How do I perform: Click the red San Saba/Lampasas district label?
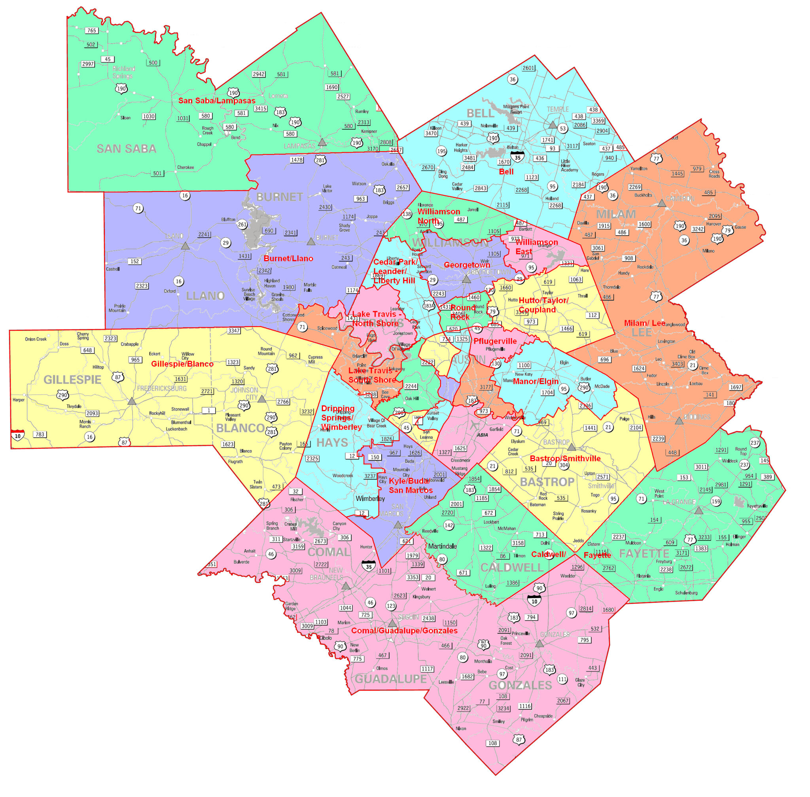coord(216,100)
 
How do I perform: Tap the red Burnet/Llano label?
coord(288,258)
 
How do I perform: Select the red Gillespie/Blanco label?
coord(182,364)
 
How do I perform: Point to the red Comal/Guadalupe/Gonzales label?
coord(404,631)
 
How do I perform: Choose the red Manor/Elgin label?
coord(535,381)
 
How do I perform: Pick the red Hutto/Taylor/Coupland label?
coord(543,305)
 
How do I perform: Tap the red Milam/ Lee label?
coord(644,323)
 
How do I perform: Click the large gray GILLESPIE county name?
coord(72,380)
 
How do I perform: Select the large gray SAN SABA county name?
coord(126,149)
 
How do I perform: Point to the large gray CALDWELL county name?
coord(511,568)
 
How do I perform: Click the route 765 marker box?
coord(92,30)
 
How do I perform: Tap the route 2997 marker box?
coord(88,64)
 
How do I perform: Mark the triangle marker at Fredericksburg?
coord(132,401)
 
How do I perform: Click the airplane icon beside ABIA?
coord(474,425)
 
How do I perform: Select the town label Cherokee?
coord(185,168)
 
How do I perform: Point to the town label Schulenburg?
coord(686,593)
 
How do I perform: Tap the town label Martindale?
coord(442,546)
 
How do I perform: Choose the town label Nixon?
coord(460,728)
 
